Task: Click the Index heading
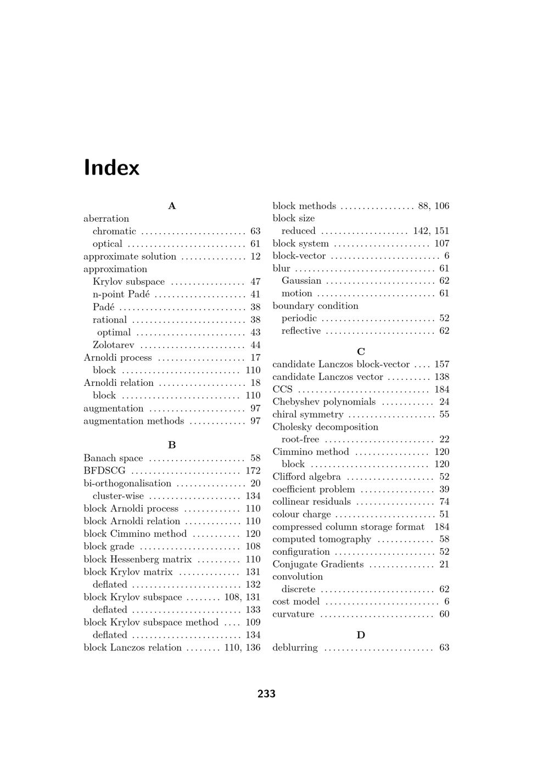click(x=111, y=167)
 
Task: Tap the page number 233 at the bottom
click(x=266, y=694)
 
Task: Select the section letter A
click(x=172, y=206)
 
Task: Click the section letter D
click(x=361, y=635)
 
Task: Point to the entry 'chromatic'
click(x=114, y=231)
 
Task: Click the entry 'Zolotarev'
click(x=113, y=345)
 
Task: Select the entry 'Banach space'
click(x=113, y=458)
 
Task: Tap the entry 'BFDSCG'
click(x=104, y=471)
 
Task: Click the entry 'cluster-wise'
click(x=118, y=496)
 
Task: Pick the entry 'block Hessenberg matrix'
click(x=137, y=559)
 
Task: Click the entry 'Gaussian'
click(x=301, y=280)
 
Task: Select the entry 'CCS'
click(x=282, y=389)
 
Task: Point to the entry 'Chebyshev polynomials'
click(x=324, y=402)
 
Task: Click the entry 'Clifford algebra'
click(x=306, y=477)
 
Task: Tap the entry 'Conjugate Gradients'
click(x=318, y=565)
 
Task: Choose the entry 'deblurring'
click(x=295, y=648)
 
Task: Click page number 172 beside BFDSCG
click(x=253, y=471)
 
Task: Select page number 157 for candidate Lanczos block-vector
click(x=441, y=364)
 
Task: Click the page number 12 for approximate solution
click(x=255, y=256)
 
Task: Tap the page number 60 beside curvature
click(x=444, y=614)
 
